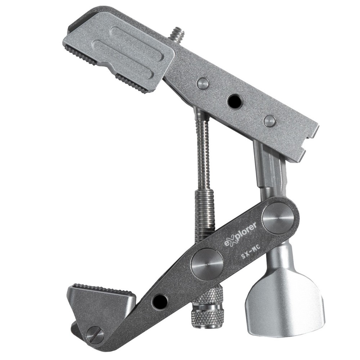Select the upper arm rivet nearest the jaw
point(203,84)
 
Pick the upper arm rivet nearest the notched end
point(270,121)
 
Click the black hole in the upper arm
point(235,101)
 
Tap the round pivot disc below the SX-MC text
point(207,264)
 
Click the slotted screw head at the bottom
point(95,335)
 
